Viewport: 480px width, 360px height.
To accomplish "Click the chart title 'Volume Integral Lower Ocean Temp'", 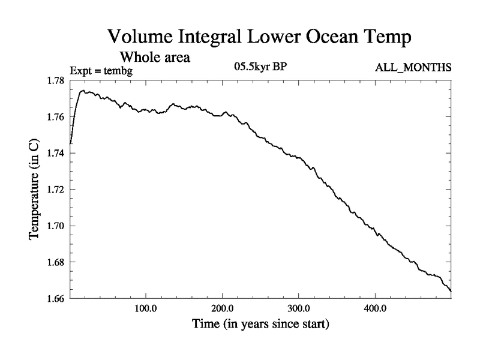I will [x=260, y=37].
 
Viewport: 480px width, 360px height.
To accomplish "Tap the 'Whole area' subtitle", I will [x=155, y=58].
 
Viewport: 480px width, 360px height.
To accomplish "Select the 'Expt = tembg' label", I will [x=101, y=71].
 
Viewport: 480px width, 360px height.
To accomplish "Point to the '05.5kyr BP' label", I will [x=260, y=67].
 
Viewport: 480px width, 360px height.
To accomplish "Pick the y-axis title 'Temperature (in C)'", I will [x=35, y=189].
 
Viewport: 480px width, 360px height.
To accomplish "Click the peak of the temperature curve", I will [x=83, y=91].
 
